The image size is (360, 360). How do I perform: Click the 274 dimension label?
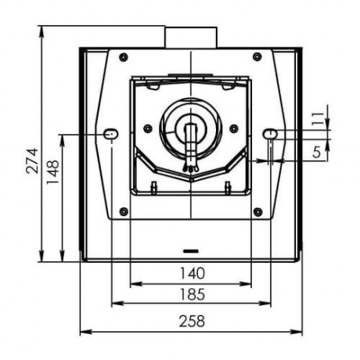[32, 161]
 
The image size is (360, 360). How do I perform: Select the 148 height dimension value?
[53, 172]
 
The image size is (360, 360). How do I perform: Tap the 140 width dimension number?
[193, 273]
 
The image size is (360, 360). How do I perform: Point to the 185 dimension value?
[193, 294]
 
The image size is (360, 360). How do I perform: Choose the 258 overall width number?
[192, 321]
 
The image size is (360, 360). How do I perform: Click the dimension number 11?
[318, 119]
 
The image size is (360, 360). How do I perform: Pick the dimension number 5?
[316, 152]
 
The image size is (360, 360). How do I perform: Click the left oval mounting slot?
[111, 134]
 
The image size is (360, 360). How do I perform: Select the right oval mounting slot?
[270, 134]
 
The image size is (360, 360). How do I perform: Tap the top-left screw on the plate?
[124, 57]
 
